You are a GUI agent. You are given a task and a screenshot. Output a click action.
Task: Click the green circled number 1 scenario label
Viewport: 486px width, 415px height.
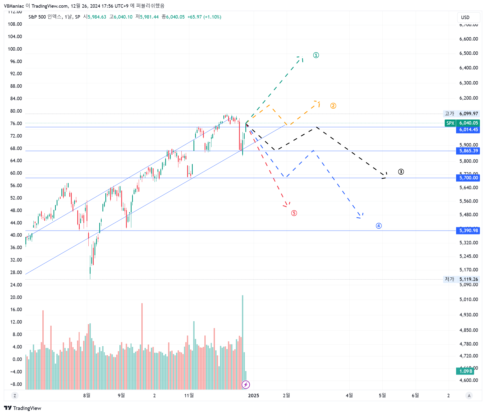pyautogui.click(x=316, y=55)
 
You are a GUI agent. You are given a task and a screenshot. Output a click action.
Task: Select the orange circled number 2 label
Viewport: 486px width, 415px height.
pyautogui.click(x=333, y=106)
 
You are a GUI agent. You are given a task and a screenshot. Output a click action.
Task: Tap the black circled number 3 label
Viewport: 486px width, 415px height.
pyautogui.click(x=401, y=172)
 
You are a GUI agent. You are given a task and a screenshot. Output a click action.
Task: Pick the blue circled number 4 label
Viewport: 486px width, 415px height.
pyautogui.click(x=379, y=226)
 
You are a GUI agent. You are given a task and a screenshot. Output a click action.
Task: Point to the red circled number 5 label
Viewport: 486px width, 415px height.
pyautogui.click(x=294, y=213)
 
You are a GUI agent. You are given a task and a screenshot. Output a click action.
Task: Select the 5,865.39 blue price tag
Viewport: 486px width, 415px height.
pyautogui.click(x=468, y=151)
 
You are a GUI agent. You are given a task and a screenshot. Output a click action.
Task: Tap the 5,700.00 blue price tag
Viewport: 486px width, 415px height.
pyautogui.click(x=468, y=178)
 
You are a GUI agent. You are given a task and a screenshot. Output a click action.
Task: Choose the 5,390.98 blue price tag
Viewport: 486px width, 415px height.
pyautogui.click(x=468, y=231)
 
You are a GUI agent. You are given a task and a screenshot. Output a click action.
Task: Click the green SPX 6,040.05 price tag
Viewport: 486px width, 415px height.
pyautogui.click(x=462, y=123)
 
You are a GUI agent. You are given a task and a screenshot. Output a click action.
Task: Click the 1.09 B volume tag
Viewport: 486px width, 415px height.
pyautogui.click(x=465, y=371)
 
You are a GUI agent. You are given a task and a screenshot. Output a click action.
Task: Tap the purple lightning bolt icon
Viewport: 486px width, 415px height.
pyautogui.click(x=246, y=385)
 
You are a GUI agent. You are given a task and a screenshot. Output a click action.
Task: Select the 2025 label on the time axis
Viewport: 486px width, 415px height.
pyautogui.click(x=253, y=396)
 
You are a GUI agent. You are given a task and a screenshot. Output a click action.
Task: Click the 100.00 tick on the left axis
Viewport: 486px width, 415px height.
pyautogui.click(x=15, y=49)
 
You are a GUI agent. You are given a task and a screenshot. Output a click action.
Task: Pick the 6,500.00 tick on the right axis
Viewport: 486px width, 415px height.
pyautogui.click(x=469, y=53)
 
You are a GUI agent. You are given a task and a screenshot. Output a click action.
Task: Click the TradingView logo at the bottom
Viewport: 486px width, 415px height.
pyautogui.click(x=23, y=408)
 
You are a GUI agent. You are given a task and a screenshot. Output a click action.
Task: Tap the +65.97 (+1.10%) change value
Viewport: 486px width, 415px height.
pyautogui.click(x=204, y=17)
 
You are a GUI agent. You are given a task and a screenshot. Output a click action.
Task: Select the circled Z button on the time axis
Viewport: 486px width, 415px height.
pyautogui.click(x=15, y=396)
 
